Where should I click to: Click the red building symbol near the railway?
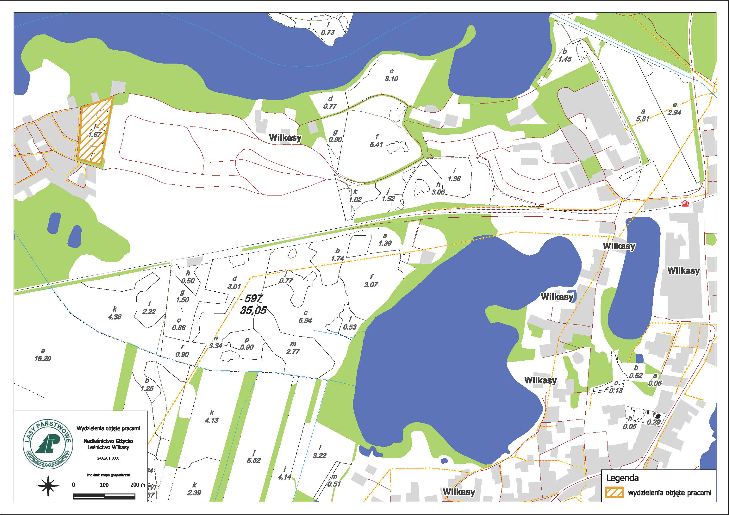click(x=686, y=203)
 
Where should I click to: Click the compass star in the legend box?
click(x=48, y=486)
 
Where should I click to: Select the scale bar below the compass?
click(x=104, y=496)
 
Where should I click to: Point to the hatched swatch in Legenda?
click(x=615, y=493)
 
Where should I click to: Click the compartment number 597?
click(x=253, y=298)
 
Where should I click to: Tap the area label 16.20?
click(x=43, y=358)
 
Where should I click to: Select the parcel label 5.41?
click(x=376, y=145)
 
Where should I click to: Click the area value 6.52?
click(x=253, y=460)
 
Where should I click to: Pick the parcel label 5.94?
click(x=305, y=321)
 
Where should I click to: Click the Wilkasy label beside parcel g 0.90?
click(x=285, y=138)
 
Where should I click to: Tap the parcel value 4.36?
click(x=114, y=317)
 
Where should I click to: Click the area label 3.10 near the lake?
click(x=391, y=79)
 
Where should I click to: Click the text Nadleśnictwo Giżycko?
click(x=108, y=441)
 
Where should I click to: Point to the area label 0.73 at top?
click(x=328, y=32)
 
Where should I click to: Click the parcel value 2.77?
click(x=293, y=352)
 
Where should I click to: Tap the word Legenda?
click(x=622, y=478)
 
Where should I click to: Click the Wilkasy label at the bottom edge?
click(x=459, y=492)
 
